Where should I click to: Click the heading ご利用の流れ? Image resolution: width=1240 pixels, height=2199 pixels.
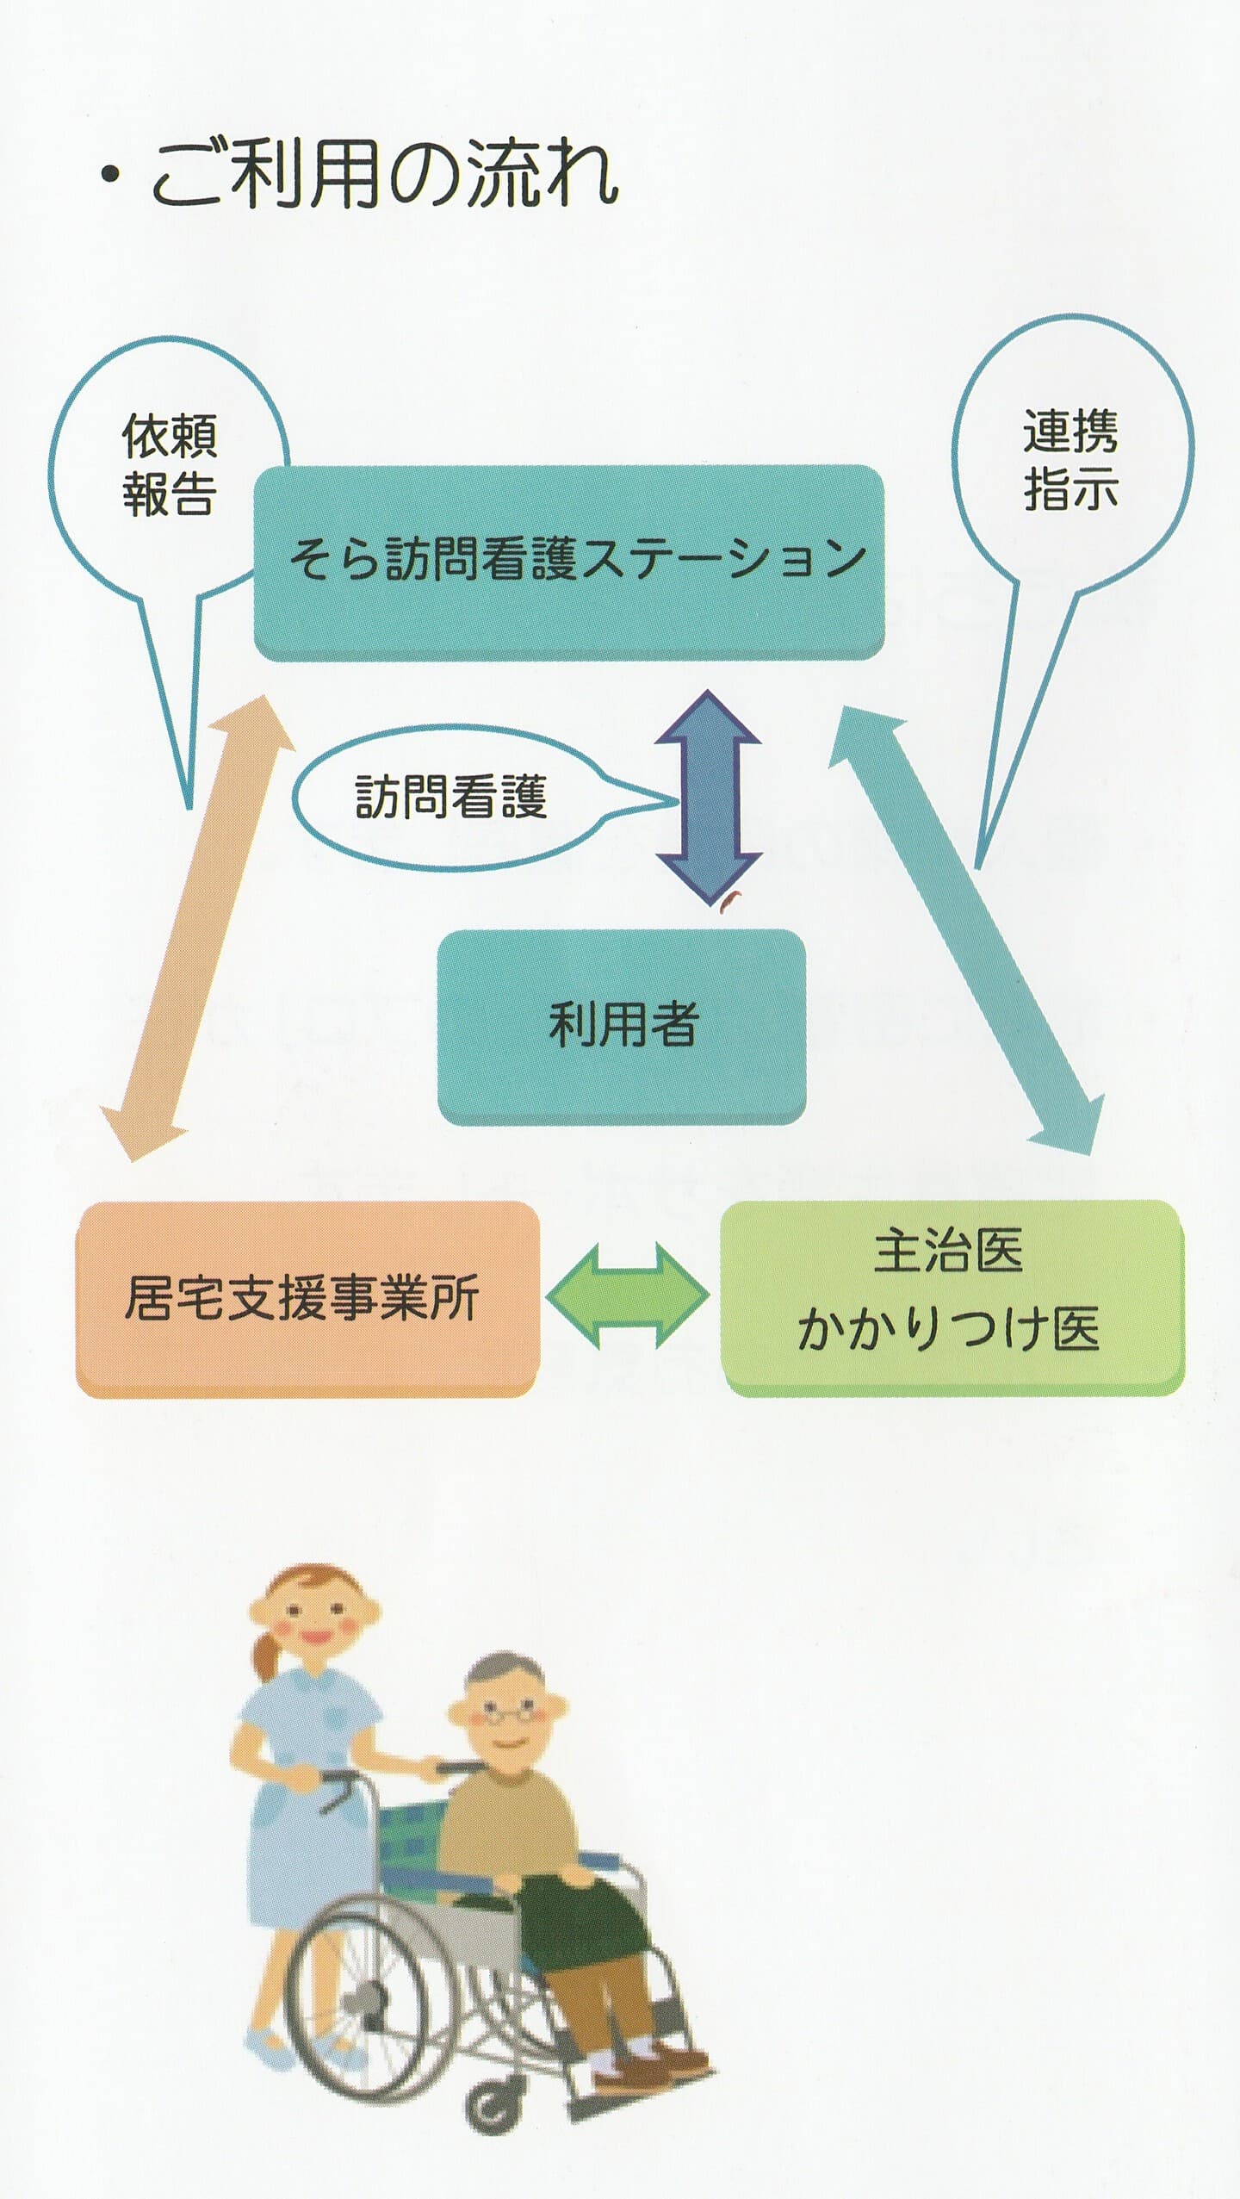[x=383, y=175]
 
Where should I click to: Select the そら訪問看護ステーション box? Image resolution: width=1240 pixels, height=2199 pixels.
[x=568, y=562]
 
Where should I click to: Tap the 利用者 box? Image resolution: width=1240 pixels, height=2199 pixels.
[x=622, y=1026]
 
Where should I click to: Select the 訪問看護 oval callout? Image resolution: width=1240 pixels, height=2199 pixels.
[x=449, y=797]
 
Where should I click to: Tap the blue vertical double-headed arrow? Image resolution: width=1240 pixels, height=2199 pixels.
[x=709, y=797]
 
